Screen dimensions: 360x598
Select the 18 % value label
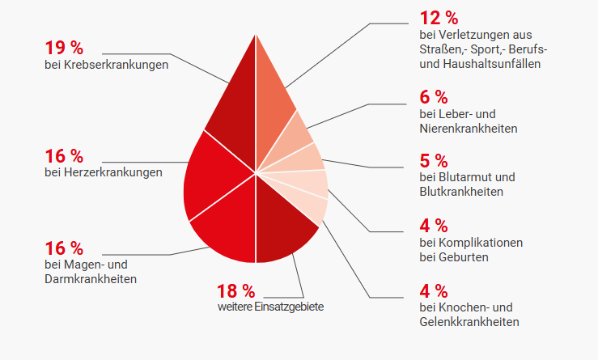coord(235,290)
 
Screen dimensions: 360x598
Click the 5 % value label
coord(434,159)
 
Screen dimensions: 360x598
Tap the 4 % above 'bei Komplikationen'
coord(434,224)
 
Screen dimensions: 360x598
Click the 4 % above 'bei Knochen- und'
coord(434,290)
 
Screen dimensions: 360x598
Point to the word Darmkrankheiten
coord(91,279)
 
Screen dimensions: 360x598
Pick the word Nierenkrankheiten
coord(469,129)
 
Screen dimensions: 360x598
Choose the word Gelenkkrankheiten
coord(469,322)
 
